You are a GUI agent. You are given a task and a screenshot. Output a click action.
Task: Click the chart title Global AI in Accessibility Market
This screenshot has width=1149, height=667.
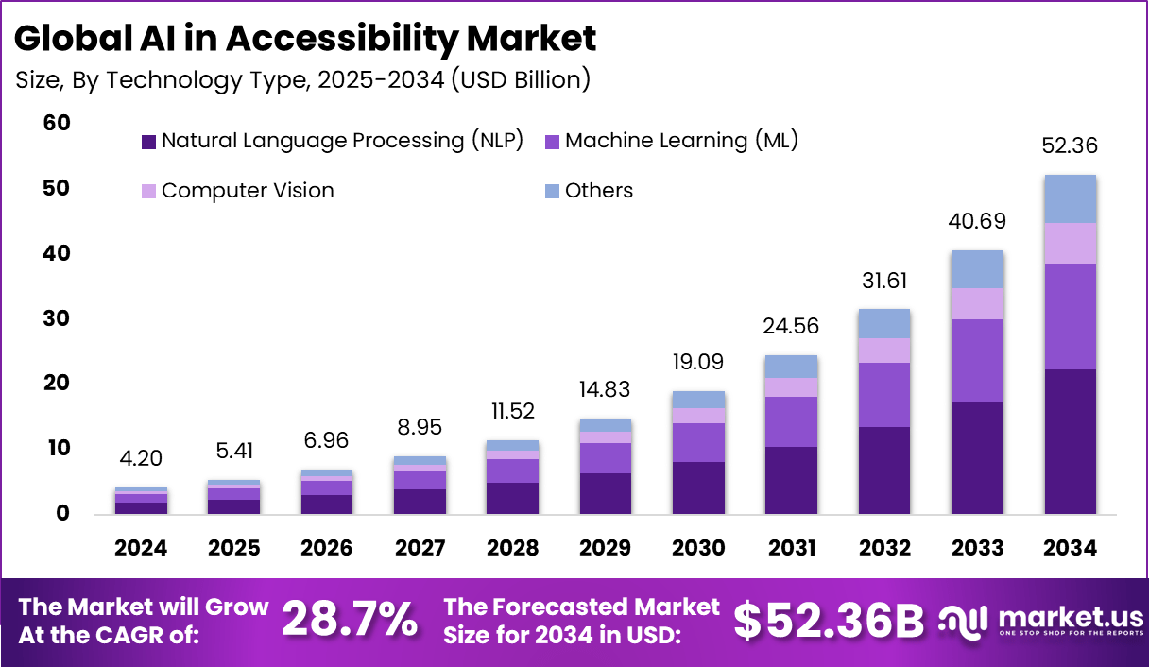pos(305,39)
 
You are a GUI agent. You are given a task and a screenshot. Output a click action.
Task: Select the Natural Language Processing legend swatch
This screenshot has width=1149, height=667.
pos(148,142)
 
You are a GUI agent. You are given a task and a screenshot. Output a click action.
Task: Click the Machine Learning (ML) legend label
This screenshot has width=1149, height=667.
pos(681,141)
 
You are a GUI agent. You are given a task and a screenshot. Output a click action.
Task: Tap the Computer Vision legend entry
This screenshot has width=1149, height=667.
pos(248,191)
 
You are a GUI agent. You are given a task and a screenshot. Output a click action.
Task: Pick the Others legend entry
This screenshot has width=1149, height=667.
pos(599,191)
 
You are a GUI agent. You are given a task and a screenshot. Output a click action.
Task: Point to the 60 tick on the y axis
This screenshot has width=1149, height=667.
pos(57,124)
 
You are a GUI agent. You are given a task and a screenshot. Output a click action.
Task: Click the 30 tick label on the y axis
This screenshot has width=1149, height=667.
pos(57,318)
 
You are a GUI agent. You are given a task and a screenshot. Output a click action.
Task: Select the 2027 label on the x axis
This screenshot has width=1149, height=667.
pos(419,549)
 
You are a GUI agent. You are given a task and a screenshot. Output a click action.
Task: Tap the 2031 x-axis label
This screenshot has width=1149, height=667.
pos(791,549)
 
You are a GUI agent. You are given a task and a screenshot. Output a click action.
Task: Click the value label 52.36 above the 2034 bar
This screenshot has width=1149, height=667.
pos(1070,146)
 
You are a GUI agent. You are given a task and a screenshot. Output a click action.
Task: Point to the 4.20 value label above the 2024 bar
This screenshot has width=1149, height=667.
pos(141,460)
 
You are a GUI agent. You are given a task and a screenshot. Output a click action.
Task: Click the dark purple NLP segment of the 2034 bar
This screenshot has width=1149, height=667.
pos(1070,441)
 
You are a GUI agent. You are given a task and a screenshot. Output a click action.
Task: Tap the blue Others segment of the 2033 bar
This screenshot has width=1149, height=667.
pos(977,269)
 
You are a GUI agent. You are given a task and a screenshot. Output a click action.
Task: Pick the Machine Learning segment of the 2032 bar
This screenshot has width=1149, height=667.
pos(884,394)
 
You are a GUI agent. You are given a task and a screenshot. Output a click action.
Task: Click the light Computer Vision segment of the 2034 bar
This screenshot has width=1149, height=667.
pos(1070,243)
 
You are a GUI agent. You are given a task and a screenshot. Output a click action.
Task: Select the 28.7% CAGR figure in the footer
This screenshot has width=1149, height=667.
pos(350,621)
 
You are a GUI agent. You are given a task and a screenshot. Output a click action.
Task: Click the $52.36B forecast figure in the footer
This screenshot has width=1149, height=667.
pos(829,621)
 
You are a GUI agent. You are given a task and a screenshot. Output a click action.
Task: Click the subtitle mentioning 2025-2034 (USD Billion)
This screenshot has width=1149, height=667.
pos(303,80)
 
